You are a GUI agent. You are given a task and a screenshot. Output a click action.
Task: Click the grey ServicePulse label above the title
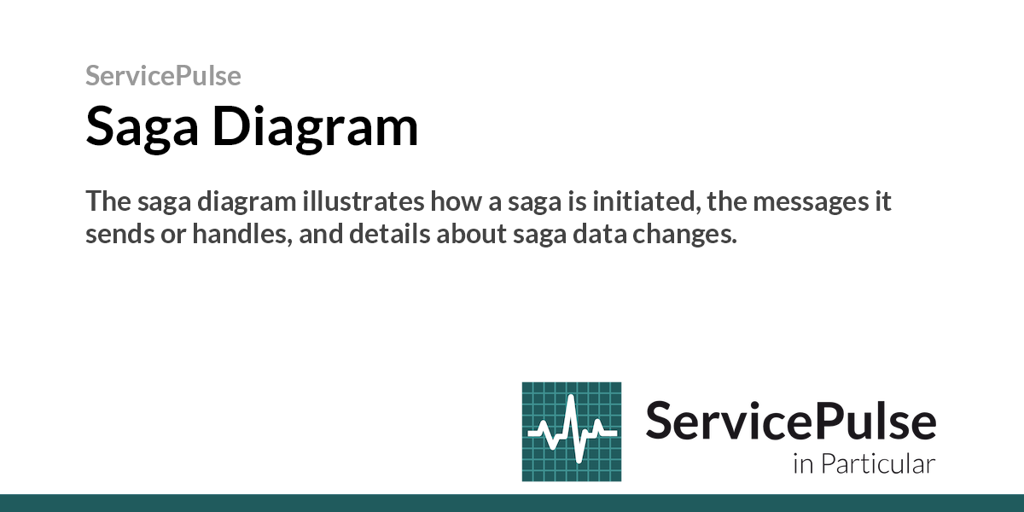pos(163,76)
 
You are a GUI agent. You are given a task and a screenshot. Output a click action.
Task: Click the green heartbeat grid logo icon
pos(571,431)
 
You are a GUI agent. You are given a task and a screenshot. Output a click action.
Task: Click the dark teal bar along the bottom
pos(512,503)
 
